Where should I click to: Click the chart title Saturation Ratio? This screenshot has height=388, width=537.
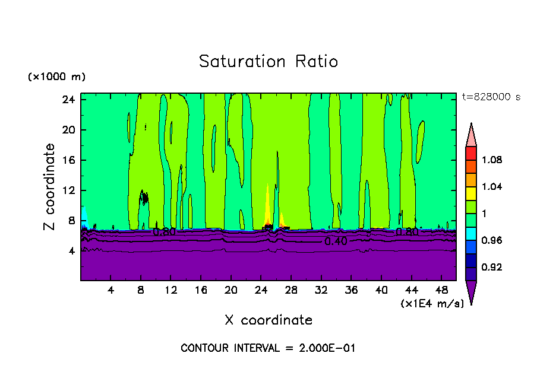click(x=268, y=62)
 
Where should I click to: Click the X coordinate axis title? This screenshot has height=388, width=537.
click(x=268, y=320)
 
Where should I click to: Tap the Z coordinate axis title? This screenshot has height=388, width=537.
click(x=49, y=187)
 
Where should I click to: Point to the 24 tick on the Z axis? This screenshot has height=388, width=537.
click(x=67, y=100)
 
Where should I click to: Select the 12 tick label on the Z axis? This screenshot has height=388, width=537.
click(x=67, y=190)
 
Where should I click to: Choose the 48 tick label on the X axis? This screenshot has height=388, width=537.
click(x=442, y=290)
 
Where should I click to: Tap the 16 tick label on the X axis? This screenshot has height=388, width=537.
click(x=201, y=290)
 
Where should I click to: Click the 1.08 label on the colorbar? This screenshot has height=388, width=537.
click(x=492, y=160)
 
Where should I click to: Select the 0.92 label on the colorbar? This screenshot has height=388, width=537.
click(x=492, y=268)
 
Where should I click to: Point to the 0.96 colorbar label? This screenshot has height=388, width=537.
click(x=492, y=241)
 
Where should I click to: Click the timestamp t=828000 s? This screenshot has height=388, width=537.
click(x=491, y=97)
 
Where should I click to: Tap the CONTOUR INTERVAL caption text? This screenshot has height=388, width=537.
click(x=268, y=348)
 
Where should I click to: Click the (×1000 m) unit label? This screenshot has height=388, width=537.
click(x=56, y=77)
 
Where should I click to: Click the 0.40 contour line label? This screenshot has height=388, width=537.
click(x=336, y=241)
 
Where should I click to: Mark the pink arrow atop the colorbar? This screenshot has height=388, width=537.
click(x=471, y=135)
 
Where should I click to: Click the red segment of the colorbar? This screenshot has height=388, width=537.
click(x=471, y=152)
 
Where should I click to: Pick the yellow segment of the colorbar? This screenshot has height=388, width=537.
click(x=471, y=193)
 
